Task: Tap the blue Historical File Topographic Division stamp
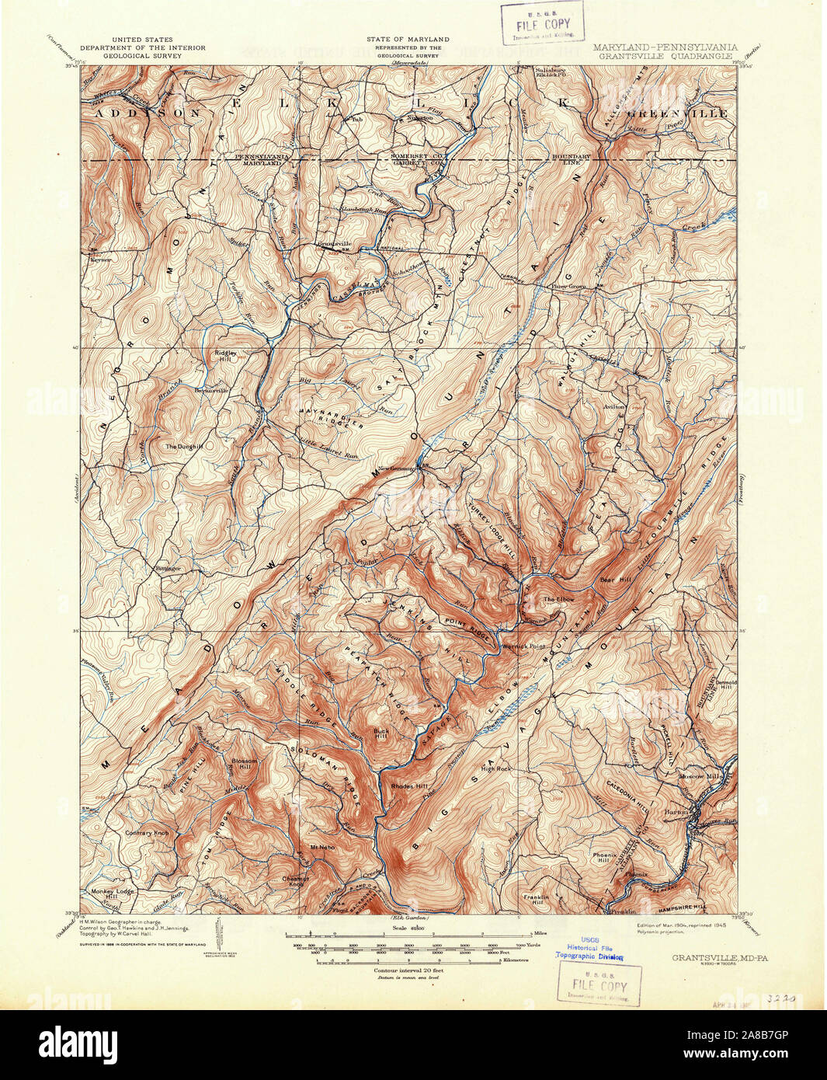click(x=589, y=947)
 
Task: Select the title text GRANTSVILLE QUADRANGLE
click(x=665, y=57)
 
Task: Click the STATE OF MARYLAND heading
click(x=408, y=39)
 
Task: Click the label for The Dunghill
click(x=183, y=447)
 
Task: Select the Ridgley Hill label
click(x=225, y=356)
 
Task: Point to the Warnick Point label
click(x=525, y=646)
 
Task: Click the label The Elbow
click(x=558, y=599)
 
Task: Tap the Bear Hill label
click(x=612, y=579)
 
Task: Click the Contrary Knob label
click(x=147, y=833)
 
